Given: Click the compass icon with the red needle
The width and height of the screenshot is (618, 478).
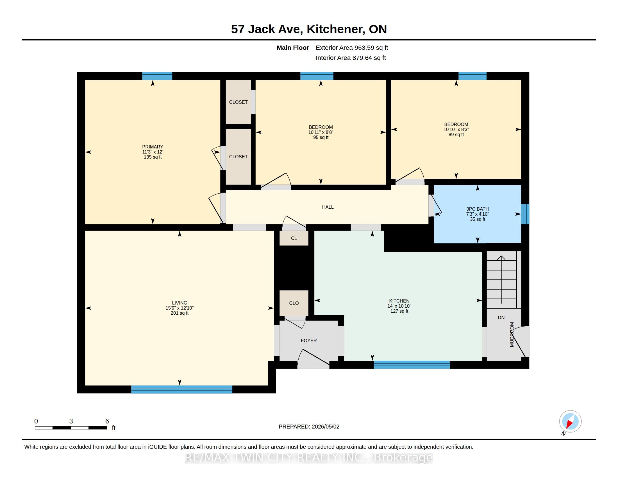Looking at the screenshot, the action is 570,421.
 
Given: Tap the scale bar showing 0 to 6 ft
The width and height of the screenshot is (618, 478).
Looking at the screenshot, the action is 71,428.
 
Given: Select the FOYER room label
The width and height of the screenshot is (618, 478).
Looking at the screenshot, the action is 309,341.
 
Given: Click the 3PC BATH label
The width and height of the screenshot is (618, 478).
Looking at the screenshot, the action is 478,209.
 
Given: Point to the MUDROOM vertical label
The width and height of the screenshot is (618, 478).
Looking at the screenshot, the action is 512,334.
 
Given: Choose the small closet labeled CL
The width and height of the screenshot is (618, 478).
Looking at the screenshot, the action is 294,238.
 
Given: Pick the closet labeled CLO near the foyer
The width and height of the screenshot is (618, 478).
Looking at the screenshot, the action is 294,303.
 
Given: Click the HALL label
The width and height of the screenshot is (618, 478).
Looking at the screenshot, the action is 328,207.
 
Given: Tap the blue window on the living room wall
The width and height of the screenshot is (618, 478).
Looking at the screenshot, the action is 182,389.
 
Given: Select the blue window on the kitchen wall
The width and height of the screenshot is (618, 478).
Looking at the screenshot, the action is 412,365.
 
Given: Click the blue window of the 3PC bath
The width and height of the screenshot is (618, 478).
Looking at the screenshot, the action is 525,214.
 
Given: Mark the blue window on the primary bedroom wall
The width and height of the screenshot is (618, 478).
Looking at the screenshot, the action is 157,76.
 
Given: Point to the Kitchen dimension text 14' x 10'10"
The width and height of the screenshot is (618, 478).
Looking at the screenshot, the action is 399,306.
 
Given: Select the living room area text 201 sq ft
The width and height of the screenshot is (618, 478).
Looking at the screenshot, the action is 180,313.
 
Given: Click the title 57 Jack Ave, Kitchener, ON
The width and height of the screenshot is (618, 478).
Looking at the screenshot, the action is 309,29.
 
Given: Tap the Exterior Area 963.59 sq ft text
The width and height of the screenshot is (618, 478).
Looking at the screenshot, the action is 352,48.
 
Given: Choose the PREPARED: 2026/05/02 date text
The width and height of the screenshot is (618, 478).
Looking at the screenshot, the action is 309,427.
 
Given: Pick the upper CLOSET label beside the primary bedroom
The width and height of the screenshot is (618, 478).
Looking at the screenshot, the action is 238,102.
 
